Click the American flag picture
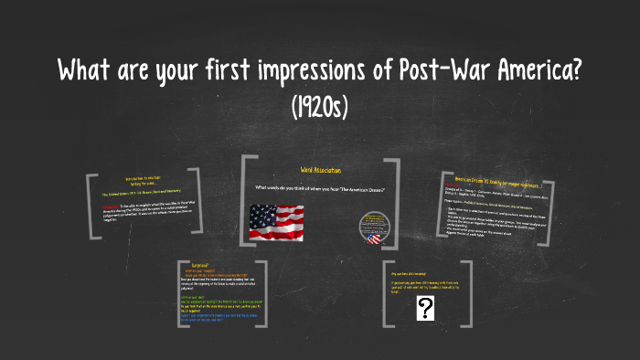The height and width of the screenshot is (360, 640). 276,220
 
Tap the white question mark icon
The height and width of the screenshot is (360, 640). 424,310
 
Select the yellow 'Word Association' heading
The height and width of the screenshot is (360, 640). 319,170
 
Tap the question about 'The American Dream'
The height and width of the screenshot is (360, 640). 319,188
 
